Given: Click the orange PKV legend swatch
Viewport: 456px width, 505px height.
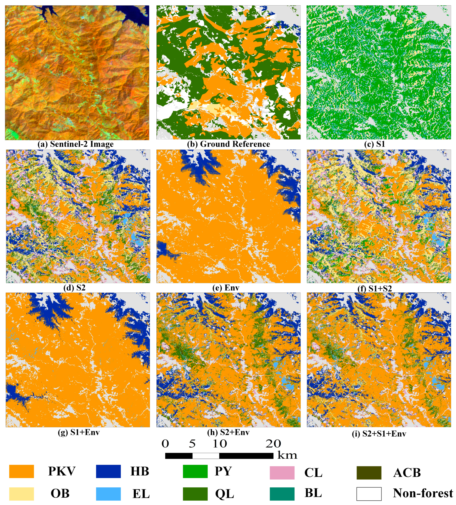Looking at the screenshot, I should pyautogui.click(x=22, y=472).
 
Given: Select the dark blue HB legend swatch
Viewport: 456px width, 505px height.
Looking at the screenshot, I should pyautogui.click(x=108, y=472).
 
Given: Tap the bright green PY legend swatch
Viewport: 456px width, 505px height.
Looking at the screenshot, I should pyautogui.click(x=195, y=472).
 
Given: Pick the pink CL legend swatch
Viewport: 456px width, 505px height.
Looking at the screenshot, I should pyautogui.click(x=282, y=473).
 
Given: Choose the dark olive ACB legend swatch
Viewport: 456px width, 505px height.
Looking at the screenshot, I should pyautogui.click(x=369, y=473).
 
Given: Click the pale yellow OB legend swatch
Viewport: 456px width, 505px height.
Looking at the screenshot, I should pyautogui.click(x=22, y=494).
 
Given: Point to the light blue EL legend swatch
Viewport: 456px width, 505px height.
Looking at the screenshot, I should pyautogui.click(x=108, y=494).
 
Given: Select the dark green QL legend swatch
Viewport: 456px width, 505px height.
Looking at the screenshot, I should pyautogui.click(x=195, y=494).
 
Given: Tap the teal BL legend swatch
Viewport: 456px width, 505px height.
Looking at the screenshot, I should pyautogui.click(x=282, y=494).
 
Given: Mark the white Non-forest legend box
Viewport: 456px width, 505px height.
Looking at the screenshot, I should pyautogui.click(x=369, y=494).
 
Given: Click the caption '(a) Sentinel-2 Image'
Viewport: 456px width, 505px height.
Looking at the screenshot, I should pyautogui.click(x=75, y=144).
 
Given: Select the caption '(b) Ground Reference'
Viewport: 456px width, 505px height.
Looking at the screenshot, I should pyautogui.click(x=228, y=144).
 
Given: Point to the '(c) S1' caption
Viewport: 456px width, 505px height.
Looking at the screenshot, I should pyautogui.click(x=375, y=144).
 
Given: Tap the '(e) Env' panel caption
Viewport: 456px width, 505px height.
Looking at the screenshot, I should pyautogui.click(x=226, y=288).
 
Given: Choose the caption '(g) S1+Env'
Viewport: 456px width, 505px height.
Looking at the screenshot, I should pyautogui.click(x=79, y=432).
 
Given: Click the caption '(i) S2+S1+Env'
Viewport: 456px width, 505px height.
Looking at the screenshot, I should pyautogui.click(x=379, y=434).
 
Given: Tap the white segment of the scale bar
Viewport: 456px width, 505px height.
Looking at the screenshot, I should pyautogui.click(x=206, y=456).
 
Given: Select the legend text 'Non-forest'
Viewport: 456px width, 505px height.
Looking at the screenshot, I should pyautogui.click(x=423, y=493).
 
